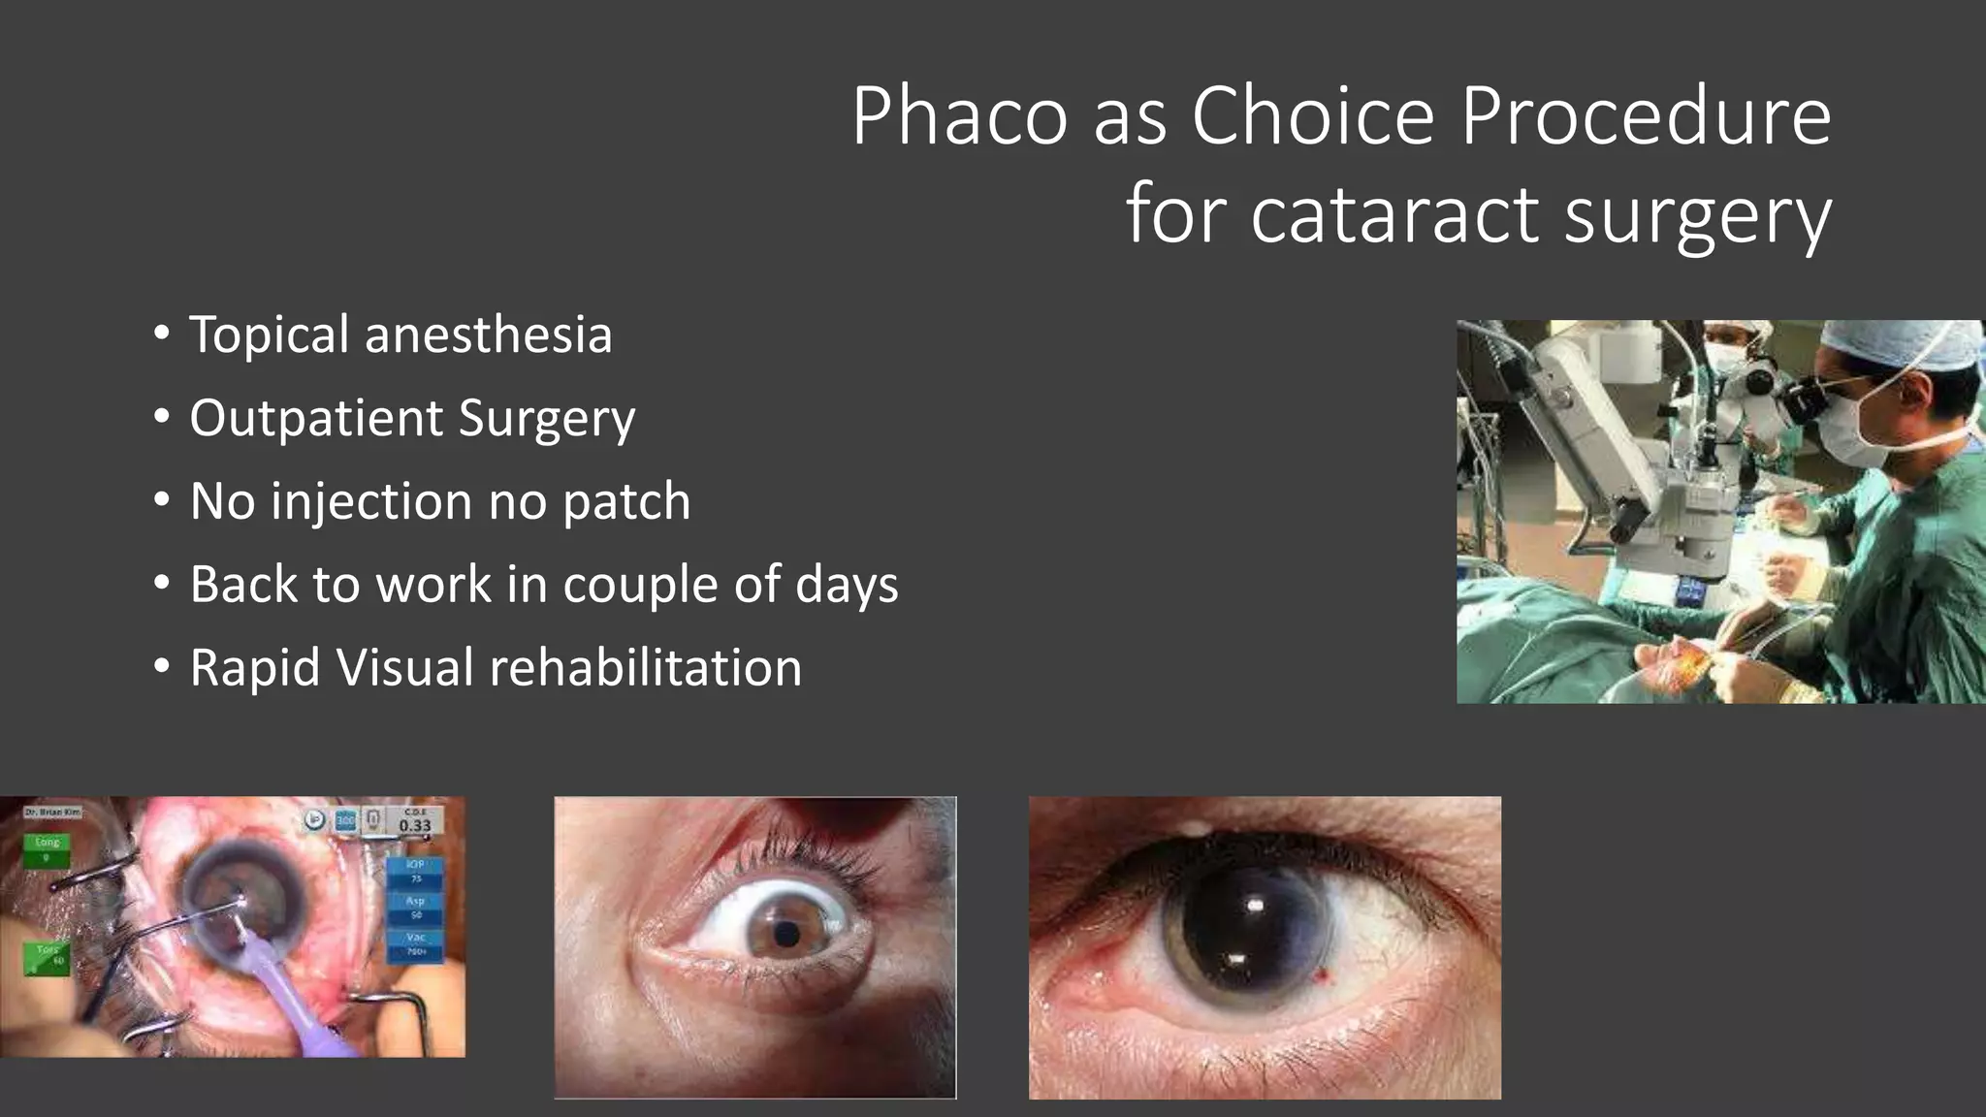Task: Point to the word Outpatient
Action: click(x=316, y=419)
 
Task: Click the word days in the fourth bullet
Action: click(x=847, y=586)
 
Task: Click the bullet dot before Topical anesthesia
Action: click(x=162, y=335)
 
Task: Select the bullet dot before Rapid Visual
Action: click(x=162, y=668)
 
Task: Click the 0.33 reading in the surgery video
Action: click(x=414, y=826)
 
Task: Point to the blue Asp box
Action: click(x=416, y=908)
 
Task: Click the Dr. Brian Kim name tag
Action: click(x=52, y=811)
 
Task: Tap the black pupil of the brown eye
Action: click(x=787, y=935)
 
